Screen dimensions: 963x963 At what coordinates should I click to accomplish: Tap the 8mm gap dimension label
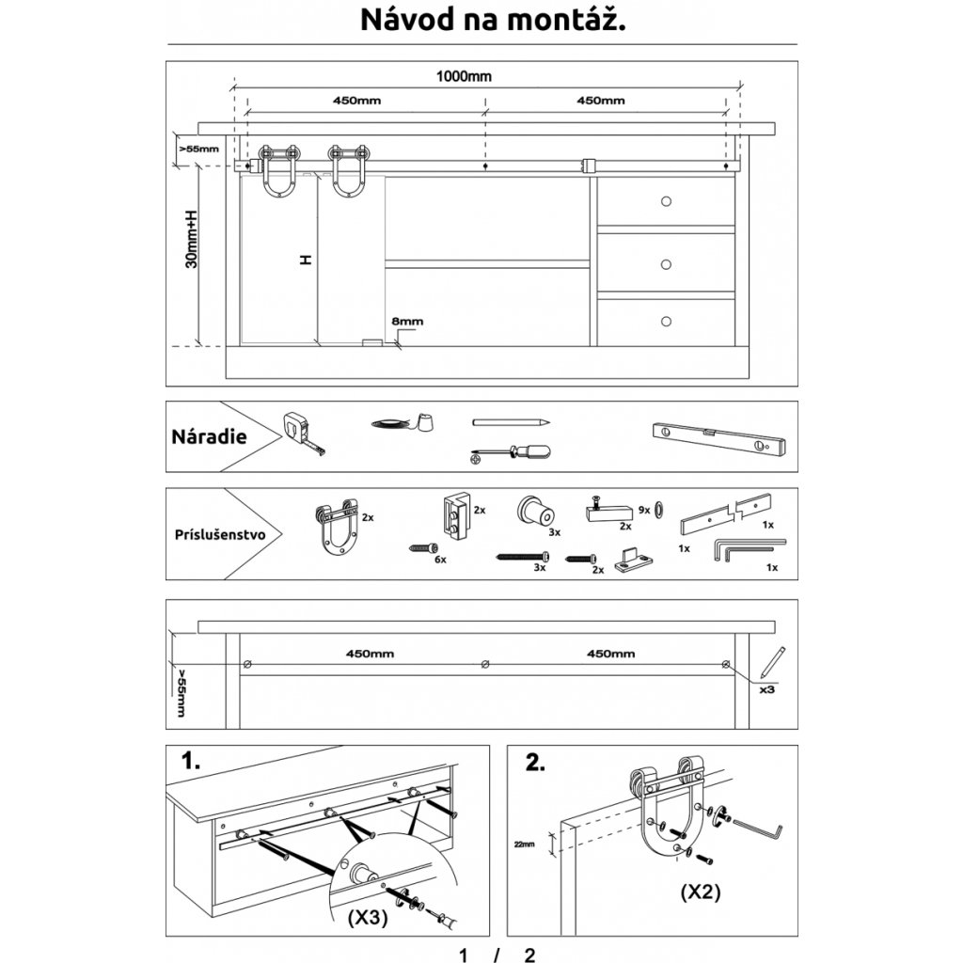pos(407,322)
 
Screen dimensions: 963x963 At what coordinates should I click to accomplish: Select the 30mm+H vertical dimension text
pos(192,239)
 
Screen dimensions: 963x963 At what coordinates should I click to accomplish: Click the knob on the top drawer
pos(666,201)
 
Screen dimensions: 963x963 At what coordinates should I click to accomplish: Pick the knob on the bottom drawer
pos(666,322)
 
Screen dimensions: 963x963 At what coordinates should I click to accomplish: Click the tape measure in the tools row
pos(303,432)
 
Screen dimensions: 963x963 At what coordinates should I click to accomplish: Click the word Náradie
pos(209,436)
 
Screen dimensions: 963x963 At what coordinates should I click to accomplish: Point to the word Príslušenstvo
pos(220,534)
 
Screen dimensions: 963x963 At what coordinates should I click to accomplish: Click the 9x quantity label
pos(644,509)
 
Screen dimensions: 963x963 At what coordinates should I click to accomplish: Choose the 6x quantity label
pos(439,559)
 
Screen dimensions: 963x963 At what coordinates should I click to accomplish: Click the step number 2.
pos(534,763)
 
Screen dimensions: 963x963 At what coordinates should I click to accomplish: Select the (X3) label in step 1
pos(367,916)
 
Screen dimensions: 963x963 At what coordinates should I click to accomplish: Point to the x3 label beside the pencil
pos(766,688)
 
